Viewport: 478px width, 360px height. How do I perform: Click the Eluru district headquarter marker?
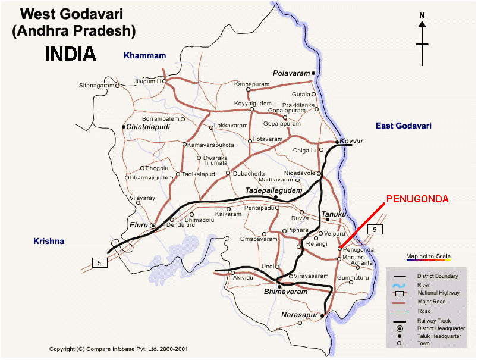(153, 226)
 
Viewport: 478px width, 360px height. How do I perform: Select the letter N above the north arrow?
(422, 16)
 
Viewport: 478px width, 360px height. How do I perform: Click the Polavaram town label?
(292, 73)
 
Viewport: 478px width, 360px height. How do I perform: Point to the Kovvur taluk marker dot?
(337, 142)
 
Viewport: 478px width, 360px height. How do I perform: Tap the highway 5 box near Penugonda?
(374, 229)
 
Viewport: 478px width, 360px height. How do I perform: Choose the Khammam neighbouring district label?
(144, 55)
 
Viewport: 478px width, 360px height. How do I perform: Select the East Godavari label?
(403, 126)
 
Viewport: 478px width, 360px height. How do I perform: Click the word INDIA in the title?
(70, 54)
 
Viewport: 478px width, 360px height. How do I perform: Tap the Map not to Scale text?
(428, 257)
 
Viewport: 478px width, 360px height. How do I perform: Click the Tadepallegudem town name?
(274, 190)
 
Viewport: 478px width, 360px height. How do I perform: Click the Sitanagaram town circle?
(117, 86)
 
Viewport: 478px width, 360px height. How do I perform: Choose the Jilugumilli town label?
(147, 81)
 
